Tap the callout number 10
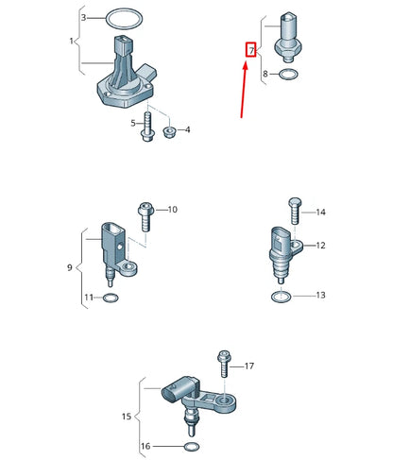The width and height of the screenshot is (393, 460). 172,209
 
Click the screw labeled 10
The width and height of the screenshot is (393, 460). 145,216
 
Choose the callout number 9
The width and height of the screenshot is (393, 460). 69,268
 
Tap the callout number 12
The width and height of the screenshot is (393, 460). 320,246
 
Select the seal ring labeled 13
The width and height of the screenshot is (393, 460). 280,297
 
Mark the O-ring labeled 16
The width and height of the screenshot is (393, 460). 192,445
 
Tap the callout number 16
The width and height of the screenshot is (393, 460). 145,445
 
